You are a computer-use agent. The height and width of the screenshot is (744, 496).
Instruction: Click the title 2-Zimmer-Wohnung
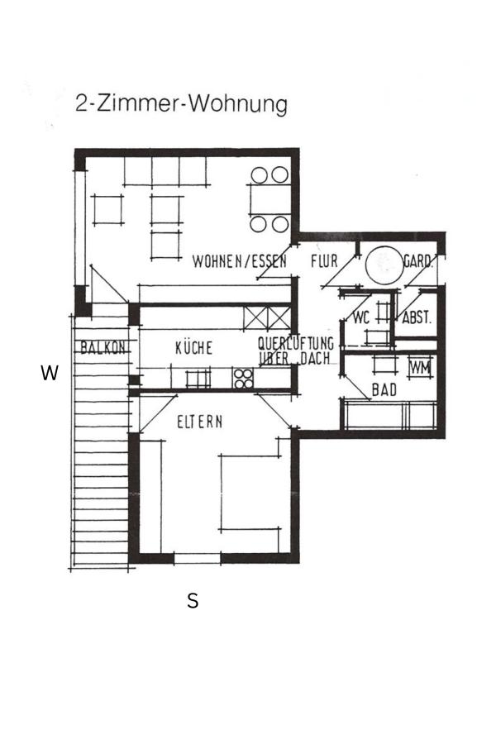[x=181, y=105]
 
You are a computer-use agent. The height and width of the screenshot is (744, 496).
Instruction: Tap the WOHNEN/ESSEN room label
[x=239, y=262]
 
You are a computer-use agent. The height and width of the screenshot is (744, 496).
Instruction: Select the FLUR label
[x=324, y=261]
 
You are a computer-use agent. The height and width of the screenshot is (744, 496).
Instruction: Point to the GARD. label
[x=417, y=262]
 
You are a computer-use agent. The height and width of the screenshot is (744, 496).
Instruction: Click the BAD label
[x=384, y=389]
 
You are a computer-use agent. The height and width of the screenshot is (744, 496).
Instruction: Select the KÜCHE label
[x=193, y=348]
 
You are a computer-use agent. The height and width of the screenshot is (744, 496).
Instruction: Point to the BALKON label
[x=103, y=348]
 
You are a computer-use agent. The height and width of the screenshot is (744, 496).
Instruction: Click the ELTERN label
[x=200, y=422]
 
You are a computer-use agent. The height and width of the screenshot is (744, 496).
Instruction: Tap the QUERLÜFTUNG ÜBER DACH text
[x=295, y=351]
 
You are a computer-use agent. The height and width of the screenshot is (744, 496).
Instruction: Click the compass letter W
[x=50, y=374]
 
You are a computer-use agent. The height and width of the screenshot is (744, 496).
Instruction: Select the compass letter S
[x=193, y=602]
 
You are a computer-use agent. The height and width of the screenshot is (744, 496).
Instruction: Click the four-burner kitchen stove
[x=243, y=378]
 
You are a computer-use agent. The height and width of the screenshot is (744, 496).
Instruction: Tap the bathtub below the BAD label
[x=389, y=414]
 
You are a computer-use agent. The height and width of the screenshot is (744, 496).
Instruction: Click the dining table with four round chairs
[x=269, y=199]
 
